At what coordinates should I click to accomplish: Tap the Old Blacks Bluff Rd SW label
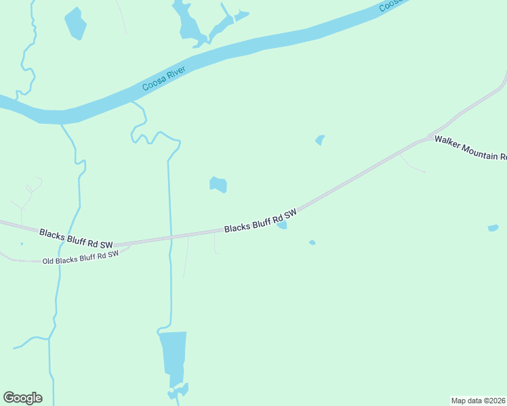pyautogui.click(x=80, y=258)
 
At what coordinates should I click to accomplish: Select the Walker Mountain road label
pyautogui.click(x=470, y=148)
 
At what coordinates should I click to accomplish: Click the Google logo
pyautogui.click(x=22, y=398)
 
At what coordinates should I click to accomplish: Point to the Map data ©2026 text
pyautogui.click(x=479, y=400)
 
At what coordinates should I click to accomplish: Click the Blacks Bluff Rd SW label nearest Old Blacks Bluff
pyautogui.click(x=76, y=238)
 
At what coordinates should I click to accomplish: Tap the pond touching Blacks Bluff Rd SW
pyautogui.click(x=281, y=225)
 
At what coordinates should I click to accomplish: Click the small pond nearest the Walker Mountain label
pyautogui.click(x=320, y=140)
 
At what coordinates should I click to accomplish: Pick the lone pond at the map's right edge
pyautogui.click(x=493, y=228)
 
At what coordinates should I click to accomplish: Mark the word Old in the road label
pyautogui.click(x=47, y=261)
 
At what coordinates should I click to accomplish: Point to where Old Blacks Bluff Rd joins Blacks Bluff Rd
pyautogui.click(x=129, y=244)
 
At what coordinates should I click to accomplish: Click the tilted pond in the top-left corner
pyautogui.click(x=75, y=24)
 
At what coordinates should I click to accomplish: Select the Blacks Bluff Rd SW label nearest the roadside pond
pyautogui.click(x=260, y=221)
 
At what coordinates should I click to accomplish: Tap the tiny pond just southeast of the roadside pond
pyautogui.click(x=312, y=242)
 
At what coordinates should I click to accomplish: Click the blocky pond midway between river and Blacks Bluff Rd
pyautogui.click(x=218, y=184)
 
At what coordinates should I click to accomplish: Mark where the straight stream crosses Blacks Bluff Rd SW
pyautogui.click(x=170, y=237)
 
